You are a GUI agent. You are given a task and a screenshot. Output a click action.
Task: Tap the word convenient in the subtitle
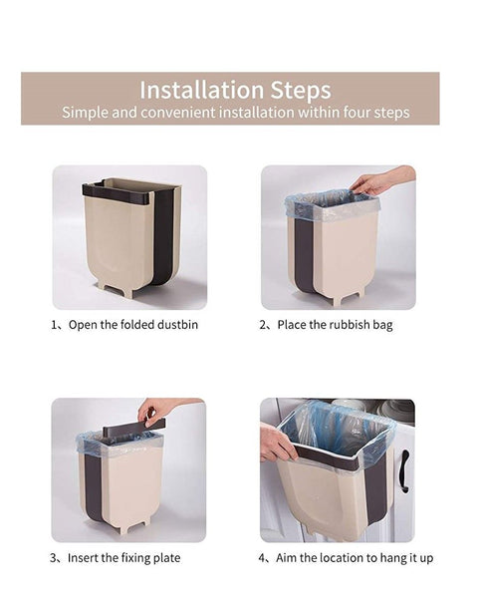pyautogui.click(x=179, y=113)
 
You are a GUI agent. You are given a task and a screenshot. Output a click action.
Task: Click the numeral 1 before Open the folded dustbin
pyautogui.click(x=55, y=325)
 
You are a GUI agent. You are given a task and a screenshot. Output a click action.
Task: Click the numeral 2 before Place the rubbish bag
pyautogui.click(x=264, y=325)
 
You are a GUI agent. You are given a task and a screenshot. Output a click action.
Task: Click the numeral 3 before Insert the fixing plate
pyautogui.click(x=55, y=558)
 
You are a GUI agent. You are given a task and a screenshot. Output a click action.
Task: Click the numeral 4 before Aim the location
pyautogui.click(x=264, y=558)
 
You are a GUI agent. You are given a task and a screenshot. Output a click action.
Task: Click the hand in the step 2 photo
pyautogui.click(x=374, y=182)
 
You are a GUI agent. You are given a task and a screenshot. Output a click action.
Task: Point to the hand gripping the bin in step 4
pyautogui.click(x=276, y=443)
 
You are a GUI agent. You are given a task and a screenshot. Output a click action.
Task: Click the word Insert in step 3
pyautogui.click(x=86, y=558)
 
